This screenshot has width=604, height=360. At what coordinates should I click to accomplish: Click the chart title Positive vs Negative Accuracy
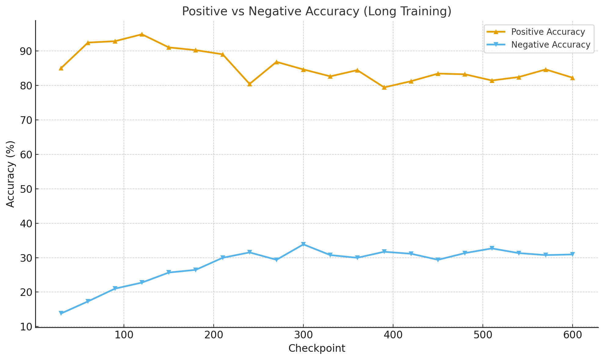[316, 11]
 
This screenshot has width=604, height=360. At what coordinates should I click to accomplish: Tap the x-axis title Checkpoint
[316, 348]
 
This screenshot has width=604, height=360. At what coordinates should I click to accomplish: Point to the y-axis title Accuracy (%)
[10, 174]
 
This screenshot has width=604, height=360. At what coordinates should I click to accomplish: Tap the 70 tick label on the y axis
[26, 120]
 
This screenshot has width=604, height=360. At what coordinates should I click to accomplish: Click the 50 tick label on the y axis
[26, 189]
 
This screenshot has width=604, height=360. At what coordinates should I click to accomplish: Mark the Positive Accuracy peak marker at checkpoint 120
[142, 34]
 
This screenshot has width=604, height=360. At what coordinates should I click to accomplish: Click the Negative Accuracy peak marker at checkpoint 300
[303, 244]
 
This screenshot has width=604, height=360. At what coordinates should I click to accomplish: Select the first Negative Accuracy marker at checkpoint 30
[61, 313]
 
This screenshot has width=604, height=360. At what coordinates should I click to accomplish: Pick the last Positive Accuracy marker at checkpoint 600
[572, 78]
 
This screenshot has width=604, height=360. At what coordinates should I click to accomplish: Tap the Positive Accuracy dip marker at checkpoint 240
[249, 84]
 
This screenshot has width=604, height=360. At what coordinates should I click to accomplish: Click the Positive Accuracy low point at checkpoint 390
[384, 87]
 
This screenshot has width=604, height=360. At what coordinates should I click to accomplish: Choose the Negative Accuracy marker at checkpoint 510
[492, 248]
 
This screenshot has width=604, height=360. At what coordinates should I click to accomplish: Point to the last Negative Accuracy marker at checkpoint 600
[572, 254]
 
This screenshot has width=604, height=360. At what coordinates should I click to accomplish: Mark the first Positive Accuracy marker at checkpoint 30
[61, 68]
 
